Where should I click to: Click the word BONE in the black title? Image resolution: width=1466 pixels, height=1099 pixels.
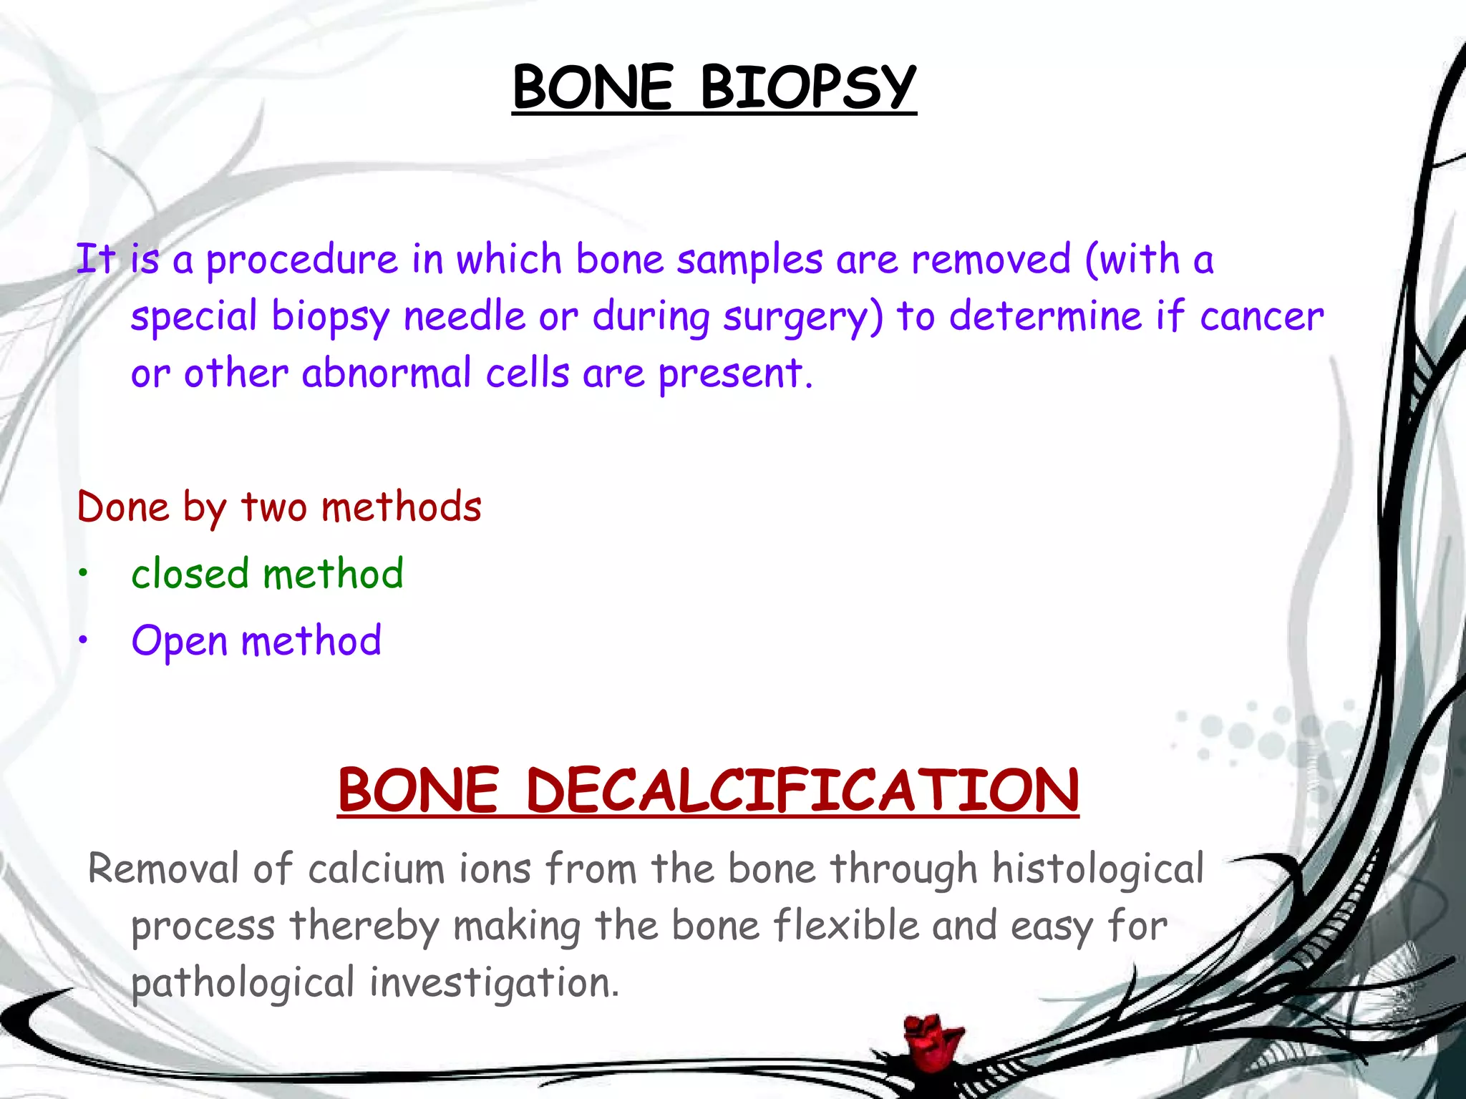(593, 87)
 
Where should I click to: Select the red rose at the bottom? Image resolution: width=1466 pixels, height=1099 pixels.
(930, 1045)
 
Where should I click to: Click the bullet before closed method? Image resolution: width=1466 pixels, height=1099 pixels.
(84, 573)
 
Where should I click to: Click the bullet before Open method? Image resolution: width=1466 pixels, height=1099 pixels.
(84, 640)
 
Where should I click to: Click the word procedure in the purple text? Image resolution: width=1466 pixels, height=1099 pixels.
(301, 260)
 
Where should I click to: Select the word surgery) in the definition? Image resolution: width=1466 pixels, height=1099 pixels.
(802, 318)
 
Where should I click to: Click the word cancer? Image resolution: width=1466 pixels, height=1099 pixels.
(1261, 316)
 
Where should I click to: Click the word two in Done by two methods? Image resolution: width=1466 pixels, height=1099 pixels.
(274, 507)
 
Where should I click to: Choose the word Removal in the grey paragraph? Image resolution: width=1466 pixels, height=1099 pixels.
(164, 869)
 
